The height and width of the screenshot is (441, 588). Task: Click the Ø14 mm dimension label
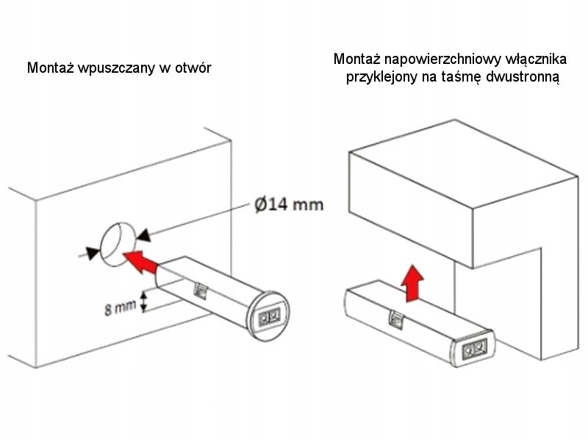289,204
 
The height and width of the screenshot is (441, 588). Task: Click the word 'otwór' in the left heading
193,68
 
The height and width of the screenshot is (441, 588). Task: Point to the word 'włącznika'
533,59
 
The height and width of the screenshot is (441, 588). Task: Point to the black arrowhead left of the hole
91,252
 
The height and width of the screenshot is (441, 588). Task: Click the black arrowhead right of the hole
143,234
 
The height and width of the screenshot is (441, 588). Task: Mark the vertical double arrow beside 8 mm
146,301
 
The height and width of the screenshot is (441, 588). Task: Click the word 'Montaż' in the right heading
357,59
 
